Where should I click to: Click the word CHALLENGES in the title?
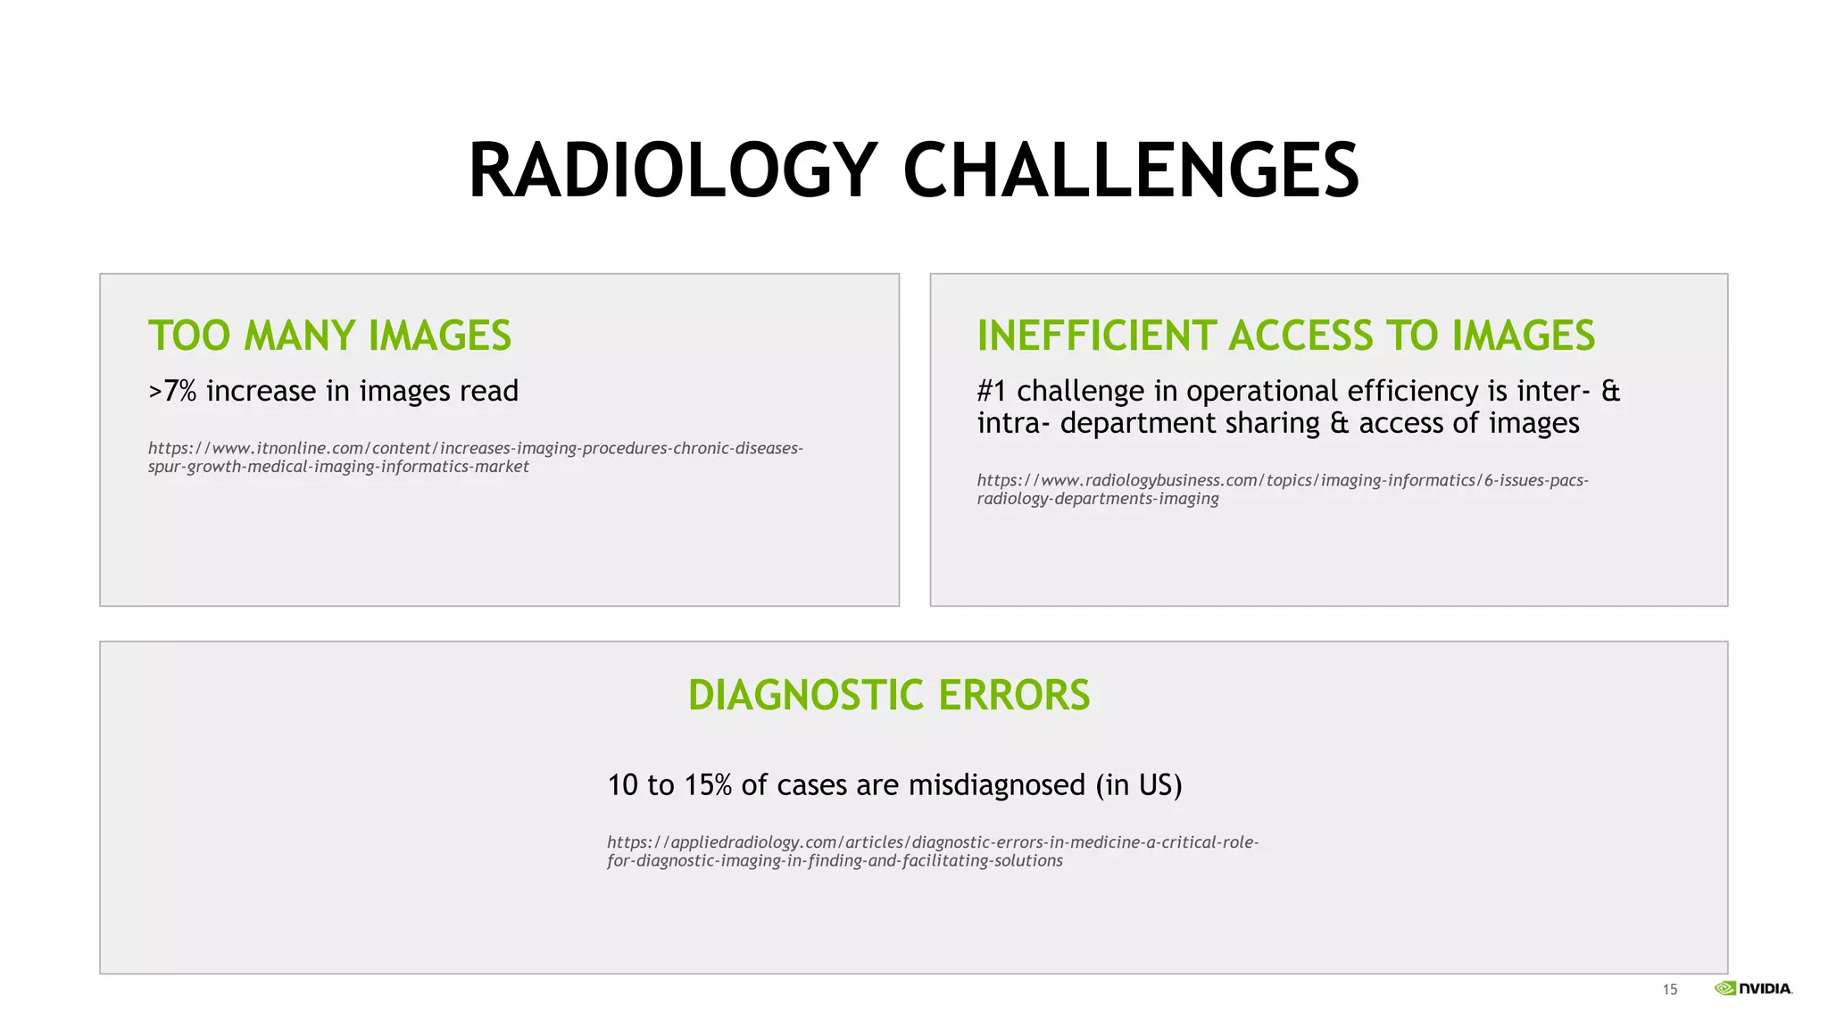[1131, 170]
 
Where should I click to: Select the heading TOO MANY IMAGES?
[329, 336]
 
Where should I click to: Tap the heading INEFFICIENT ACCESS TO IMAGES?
[1285, 336]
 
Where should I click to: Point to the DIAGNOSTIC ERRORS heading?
[889, 695]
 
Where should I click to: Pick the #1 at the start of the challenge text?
[992, 391]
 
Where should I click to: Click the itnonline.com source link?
[475, 457]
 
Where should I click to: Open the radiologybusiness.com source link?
[1282, 489]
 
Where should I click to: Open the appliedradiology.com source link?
[932, 851]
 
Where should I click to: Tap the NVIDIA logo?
[1753, 988]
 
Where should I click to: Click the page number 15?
[1669, 990]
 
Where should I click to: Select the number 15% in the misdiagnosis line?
[708, 785]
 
